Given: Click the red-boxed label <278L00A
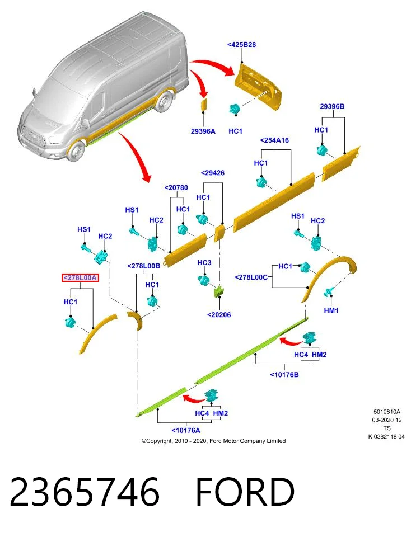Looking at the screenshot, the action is point(80,278).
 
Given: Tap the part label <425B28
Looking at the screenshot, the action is point(242,45).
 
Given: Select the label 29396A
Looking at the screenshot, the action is point(203,131).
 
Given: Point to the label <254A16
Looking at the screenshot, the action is point(274,140).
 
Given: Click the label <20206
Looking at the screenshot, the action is point(219,315).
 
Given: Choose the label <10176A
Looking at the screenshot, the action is point(186,430).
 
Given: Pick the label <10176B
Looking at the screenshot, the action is point(284,375).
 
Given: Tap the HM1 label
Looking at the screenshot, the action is point(331,310).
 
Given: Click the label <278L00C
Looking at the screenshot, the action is point(251,277).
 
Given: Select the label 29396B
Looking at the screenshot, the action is point(332,106).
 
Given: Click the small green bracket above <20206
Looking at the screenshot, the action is point(218,291).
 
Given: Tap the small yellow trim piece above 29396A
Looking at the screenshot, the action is point(204,104).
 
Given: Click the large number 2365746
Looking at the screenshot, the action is point(85,492).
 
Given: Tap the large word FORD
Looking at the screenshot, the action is point(245,492).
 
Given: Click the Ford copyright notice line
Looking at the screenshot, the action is point(213,441).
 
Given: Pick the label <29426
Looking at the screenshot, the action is point(213,173).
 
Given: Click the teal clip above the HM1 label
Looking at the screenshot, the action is point(329,292).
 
